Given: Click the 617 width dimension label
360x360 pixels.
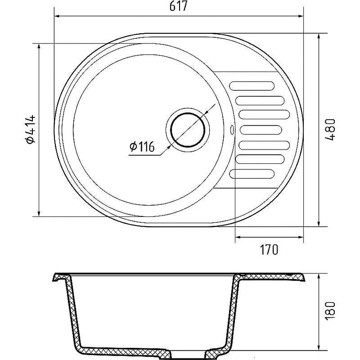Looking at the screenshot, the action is click(178, 6).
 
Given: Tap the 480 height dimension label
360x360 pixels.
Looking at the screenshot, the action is click(330, 130).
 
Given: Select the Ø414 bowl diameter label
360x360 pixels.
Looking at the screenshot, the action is click(31, 130).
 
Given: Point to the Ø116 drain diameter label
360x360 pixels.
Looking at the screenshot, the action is click(142, 147).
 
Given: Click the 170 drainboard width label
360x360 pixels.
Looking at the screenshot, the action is click(269, 250).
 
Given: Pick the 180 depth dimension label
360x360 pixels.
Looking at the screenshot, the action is click(330, 310).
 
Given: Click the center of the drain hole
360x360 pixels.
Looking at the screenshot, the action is click(188, 130).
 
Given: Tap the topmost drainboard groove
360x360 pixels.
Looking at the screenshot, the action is click(252, 86).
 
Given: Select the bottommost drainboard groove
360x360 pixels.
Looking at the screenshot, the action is click(252, 174).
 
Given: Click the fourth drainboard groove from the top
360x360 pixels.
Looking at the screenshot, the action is click(261, 130).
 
